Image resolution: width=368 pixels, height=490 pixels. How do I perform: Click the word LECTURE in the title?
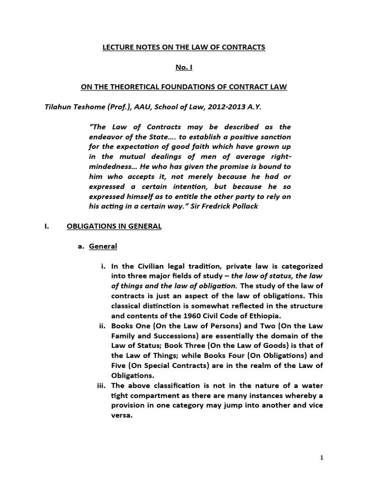[x=120, y=47]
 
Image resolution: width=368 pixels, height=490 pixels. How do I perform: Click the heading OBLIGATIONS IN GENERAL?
[x=114, y=226]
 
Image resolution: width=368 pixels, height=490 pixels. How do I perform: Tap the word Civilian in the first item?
[x=147, y=266]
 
